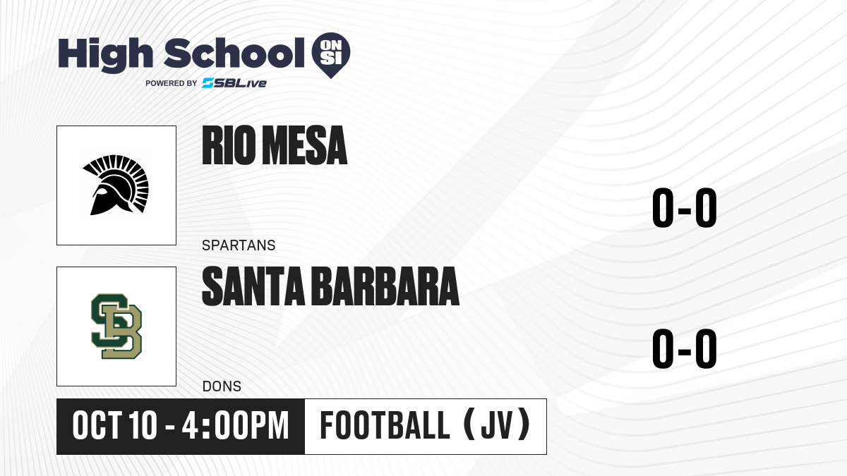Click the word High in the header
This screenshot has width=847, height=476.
(105, 55)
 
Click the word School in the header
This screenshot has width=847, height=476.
(234, 53)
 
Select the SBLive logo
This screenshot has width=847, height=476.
(234, 83)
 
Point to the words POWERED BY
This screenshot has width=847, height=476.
(172, 83)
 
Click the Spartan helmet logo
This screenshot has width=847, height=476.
(116, 185)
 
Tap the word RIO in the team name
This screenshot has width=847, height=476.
(229, 145)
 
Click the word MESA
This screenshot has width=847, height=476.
(305, 145)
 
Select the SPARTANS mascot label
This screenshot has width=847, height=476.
(239, 245)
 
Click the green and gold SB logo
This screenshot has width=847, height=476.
(116, 327)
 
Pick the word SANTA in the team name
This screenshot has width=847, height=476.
(253, 286)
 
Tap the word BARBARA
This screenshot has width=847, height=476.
(387, 286)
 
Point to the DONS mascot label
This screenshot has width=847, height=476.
(222, 386)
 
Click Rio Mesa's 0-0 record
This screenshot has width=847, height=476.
(685, 207)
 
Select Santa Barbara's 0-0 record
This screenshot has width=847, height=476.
(685, 348)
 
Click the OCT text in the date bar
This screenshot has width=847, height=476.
(97, 425)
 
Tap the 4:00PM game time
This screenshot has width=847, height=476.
(235, 425)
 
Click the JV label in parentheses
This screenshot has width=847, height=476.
(497, 425)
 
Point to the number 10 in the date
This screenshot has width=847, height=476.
(143, 425)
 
